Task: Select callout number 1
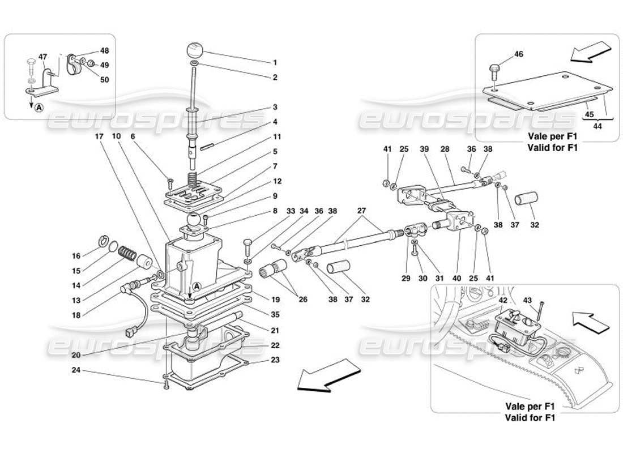pyautogui.click(x=274, y=62)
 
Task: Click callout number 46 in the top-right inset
pyautogui.click(x=519, y=55)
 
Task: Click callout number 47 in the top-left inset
pyautogui.click(x=43, y=57)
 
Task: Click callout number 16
pyautogui.click(x=75, y=255)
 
